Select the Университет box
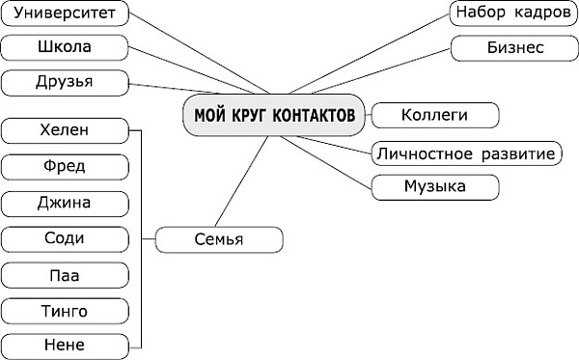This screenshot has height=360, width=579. coord(66,14)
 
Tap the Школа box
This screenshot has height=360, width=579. coord(66,47)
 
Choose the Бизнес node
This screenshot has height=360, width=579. coord(511,47)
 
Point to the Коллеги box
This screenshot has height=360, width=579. coord(434,115)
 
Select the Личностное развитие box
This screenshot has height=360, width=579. coord(466,153)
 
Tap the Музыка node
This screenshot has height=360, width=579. coord(434,185)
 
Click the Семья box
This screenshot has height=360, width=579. coord(219,238)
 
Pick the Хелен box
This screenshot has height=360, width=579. coord(65,129)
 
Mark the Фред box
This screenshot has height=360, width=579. coord(65,166)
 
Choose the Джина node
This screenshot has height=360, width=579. coord(65,203)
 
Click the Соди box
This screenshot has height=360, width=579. coord(65,238)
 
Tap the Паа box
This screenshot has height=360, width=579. coord(65,275)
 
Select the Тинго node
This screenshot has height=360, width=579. coord(65,311)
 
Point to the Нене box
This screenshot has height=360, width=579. coord(65,345)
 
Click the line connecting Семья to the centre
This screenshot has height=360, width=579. coord(240,180)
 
